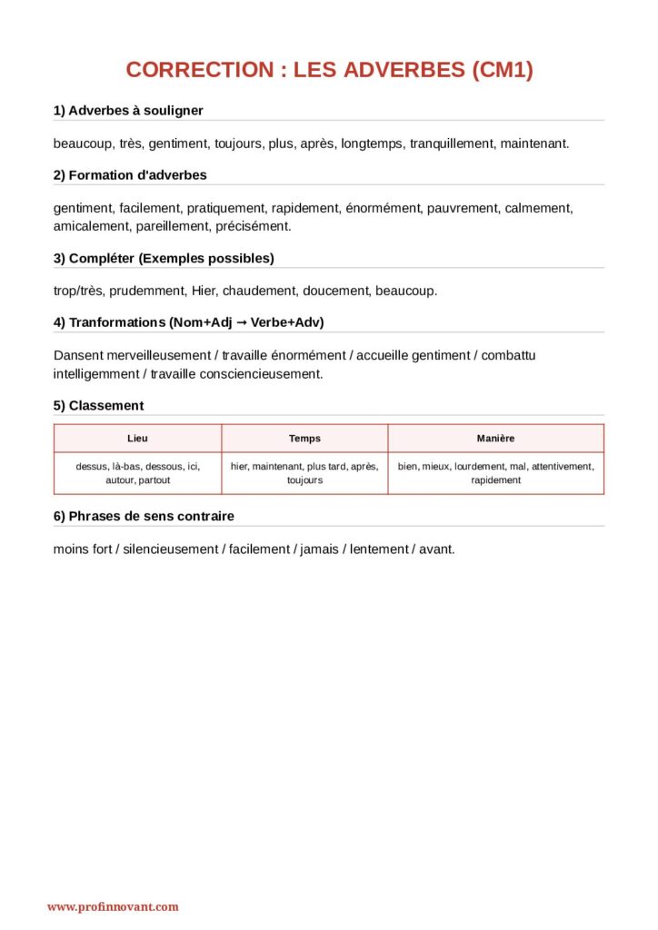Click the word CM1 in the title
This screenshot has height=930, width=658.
(x=502, y=70)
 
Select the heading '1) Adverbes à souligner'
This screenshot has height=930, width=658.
(x=128, y=111)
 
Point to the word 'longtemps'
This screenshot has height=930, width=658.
(x=372, y=143)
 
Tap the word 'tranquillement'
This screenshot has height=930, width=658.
(x=451, y=143)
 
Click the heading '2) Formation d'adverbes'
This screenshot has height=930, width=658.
(x=130, y=175)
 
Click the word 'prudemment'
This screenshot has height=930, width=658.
(x=146, y=291)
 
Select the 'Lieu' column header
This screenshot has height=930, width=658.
(x=137, y=439)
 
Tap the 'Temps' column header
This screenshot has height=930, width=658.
(x=304, y=439)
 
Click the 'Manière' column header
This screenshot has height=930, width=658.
(x=495, y=439)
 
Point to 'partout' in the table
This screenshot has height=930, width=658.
(x=154, y=480)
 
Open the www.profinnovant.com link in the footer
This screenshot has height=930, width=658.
(x=113, y=906)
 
